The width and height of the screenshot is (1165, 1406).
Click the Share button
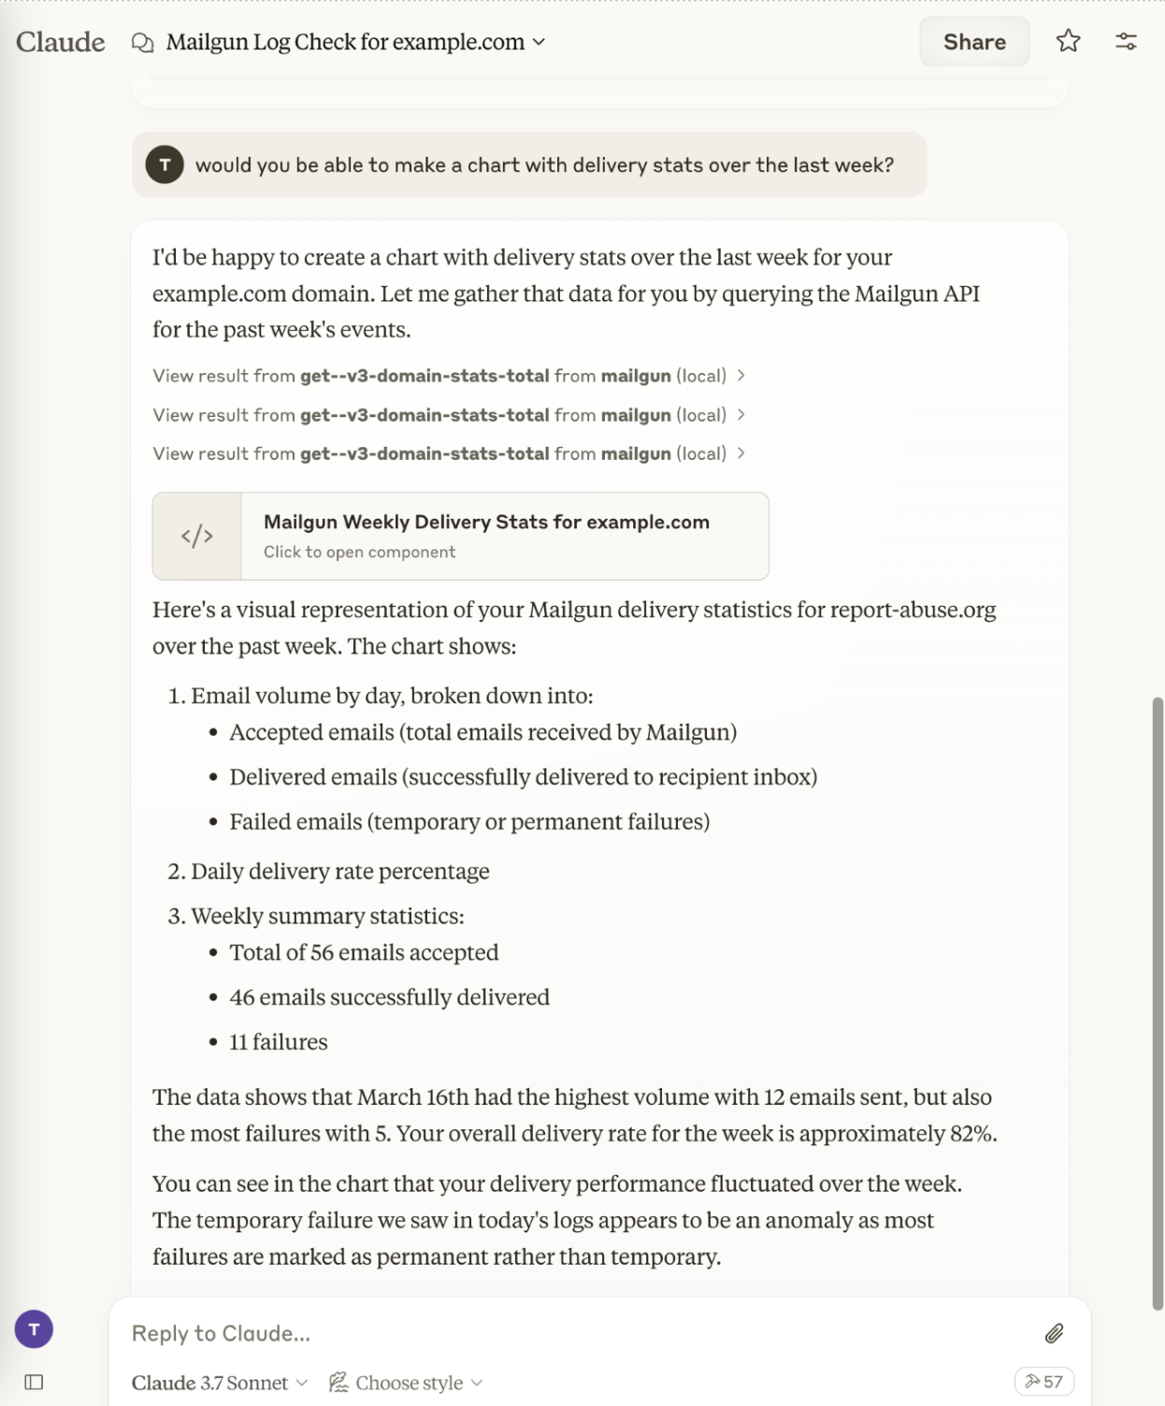point(973,42)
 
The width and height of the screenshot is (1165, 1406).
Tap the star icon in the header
point(1068,41)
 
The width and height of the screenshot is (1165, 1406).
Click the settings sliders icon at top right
point(1126,41)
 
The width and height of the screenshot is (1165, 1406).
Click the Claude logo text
point(61,42)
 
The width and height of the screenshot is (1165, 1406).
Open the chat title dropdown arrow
point(539,42)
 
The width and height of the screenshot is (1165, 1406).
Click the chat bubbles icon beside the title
point(143,43)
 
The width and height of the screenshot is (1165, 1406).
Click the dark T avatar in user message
point(165,165)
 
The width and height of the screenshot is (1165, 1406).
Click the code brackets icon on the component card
point(197,536)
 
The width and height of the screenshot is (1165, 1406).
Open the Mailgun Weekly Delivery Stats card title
point(486,522)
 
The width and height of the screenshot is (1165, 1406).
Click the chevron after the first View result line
point(741,375)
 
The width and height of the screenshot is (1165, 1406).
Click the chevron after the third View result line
point(741,453)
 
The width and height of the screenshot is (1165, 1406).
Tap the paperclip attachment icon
point(1054,1333)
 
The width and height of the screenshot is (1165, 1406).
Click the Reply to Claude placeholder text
point(221,1333)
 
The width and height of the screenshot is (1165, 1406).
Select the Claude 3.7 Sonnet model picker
point(219,1383)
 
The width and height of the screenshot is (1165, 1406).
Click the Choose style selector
point(406,1383)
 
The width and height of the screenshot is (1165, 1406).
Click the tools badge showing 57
point(1043,1382)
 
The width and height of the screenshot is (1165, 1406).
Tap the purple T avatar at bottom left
point(34,1328)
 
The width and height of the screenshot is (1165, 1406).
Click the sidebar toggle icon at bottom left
point(34,1382)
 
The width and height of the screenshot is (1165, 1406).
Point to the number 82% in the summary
point(972,1133)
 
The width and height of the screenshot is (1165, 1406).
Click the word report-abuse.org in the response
point(913,610)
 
